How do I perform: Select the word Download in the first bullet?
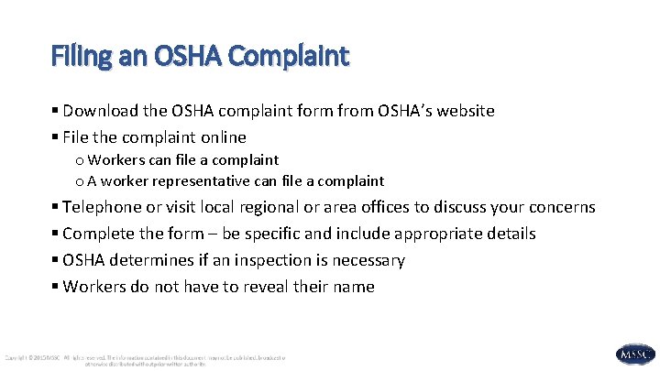pyautogui.click(x=102, y=111)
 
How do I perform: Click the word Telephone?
pyautogui.click(x=104, y=207)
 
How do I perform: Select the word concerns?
pyautogui.click(x=561, y=207)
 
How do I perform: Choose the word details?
pyautogui.click(x=510, y=234)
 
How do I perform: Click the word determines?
pyautogui.click(x=157, y=260)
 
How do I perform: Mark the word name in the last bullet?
pyautogui.click(x=354, y=287)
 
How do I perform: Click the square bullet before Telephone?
pyautogui.click(x=56, y=208)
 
